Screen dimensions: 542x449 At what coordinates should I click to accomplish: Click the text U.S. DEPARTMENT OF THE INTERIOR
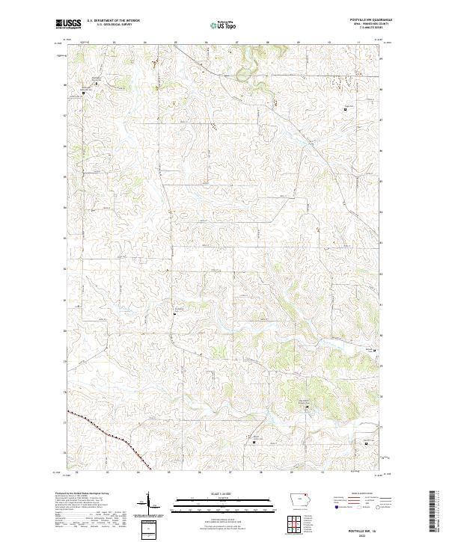(113, 20)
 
